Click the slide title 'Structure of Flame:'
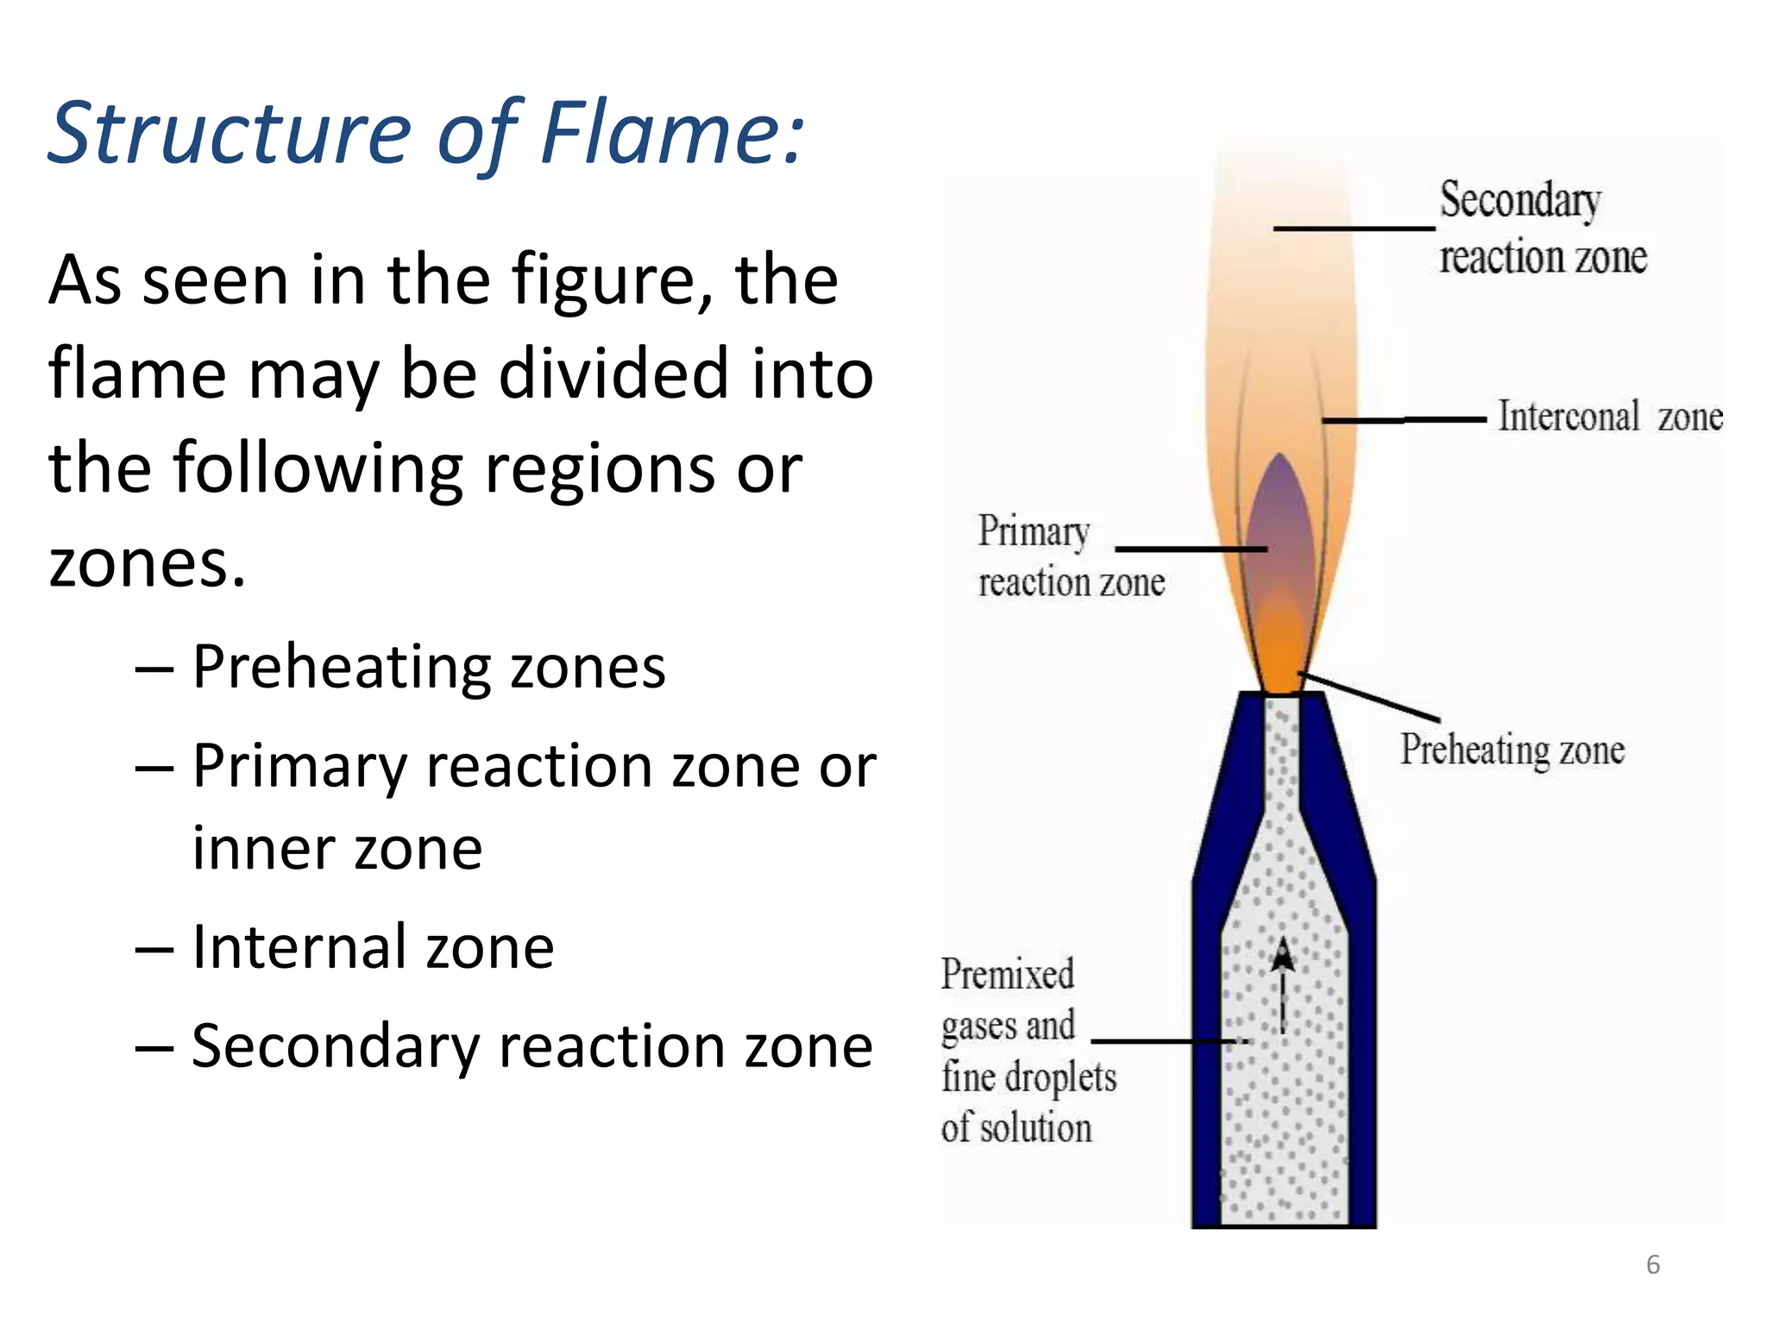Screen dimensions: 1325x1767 tap(427, 134)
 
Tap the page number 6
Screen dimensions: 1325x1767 tap(1652, 1265)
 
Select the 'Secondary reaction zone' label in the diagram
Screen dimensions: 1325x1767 tap(1542, 229)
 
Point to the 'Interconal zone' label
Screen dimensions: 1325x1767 tap(1609, 417)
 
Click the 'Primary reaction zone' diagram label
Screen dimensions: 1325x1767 tap(1070, 556)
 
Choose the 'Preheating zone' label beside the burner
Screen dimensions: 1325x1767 tap(1512, 749)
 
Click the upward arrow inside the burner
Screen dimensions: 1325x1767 tap(1283, 983)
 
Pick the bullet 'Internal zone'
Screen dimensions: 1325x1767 tap(373, 947)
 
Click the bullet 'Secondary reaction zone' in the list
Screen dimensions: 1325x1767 tap(531, 1046)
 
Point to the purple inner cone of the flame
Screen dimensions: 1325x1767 tap(1280, 526)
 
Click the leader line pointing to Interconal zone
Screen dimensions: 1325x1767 tap(1404, 420)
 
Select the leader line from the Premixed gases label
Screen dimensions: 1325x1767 tap(1169, 1042)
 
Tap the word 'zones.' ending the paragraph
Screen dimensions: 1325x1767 tap(148, 562)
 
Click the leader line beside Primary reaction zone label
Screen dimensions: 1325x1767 tap(1191, 549)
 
